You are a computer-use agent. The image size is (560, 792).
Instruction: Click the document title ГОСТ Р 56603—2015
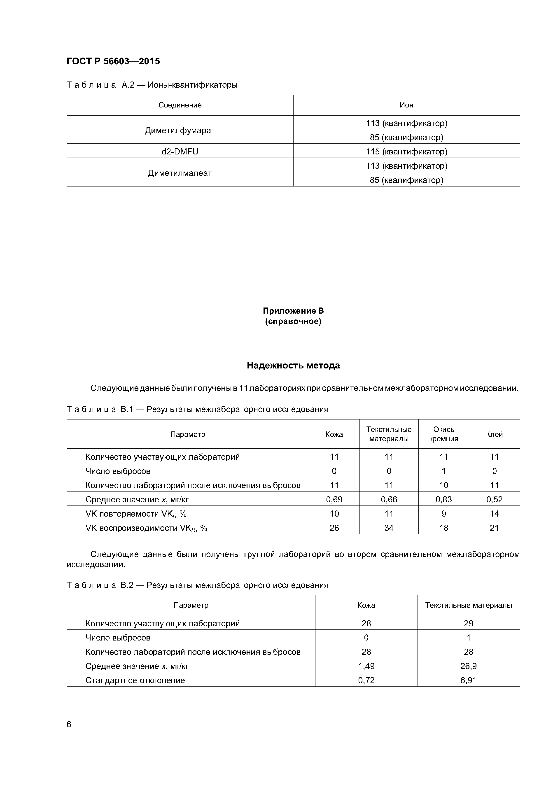(x=113, y=61)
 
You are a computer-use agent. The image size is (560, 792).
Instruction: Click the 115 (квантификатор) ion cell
(x=406, y=151)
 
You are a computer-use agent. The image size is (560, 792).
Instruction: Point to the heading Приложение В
(x=293, y=311)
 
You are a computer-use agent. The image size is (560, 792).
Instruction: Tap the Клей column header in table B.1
(x=494, y=434)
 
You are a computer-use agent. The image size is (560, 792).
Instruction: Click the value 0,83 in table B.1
(x=443, y=499)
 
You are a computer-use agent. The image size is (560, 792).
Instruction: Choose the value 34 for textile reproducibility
(x=389, y=528)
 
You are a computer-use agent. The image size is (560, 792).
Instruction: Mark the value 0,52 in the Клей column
(x=494, y=499)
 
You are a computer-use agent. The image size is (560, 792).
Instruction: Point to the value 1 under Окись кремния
(x=443, y=471)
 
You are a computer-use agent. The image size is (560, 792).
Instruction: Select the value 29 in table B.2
(x=468, y=623)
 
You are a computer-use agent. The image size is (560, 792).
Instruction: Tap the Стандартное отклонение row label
(x=135, y=680)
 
